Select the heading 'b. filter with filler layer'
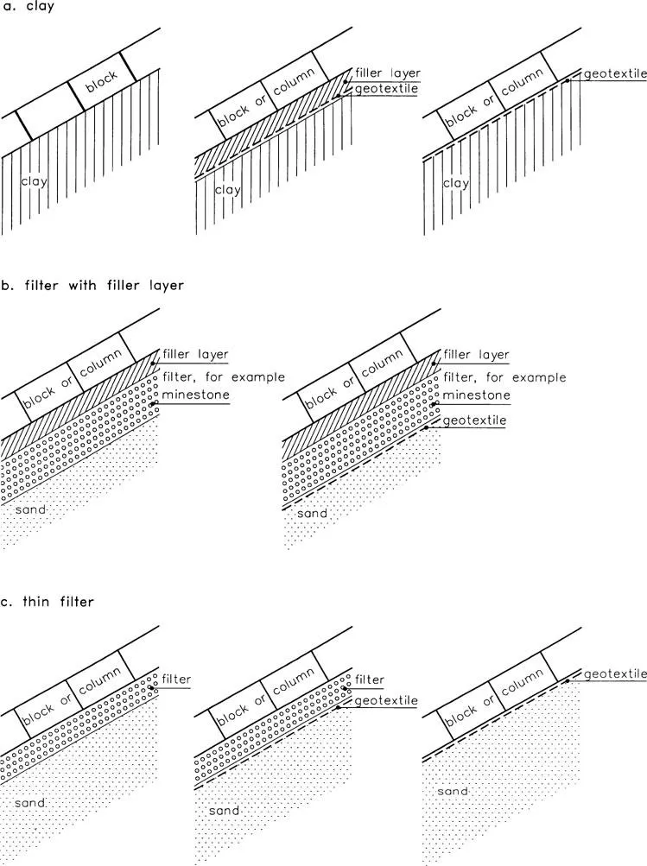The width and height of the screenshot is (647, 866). (92, 285)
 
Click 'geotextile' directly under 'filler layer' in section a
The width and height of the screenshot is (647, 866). (388, 88)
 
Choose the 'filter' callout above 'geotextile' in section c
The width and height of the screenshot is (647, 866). (370, 680)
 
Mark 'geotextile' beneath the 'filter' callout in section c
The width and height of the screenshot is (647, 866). (386, 700)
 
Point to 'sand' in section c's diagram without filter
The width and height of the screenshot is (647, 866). (453, 791)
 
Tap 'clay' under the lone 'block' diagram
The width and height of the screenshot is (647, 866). (35, 182)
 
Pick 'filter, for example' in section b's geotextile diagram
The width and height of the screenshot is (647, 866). (504, 377)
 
